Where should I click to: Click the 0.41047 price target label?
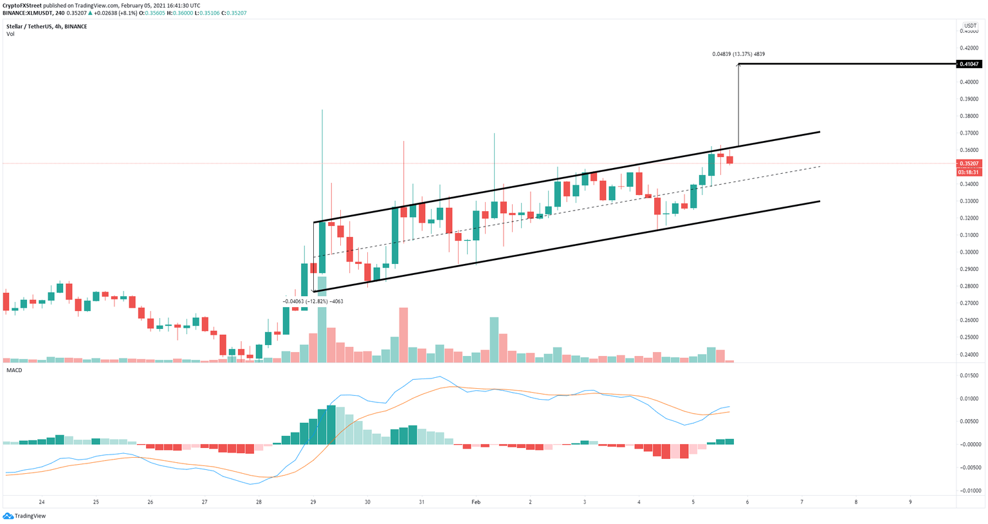click(969, 64)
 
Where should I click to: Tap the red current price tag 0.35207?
click(969, 164)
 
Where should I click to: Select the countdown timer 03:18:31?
click(969, 172)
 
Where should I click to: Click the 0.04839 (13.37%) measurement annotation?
click(738, 54)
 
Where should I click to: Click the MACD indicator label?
click(14, 370)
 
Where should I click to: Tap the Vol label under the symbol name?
click(10, 34)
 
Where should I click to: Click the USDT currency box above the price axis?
click(970, 26)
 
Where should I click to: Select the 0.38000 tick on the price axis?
click(969, 116)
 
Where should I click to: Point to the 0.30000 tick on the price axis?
click(969, 252)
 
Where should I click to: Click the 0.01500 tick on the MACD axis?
click(969, 375)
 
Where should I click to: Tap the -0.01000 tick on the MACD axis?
click(969, 491)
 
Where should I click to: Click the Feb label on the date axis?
click(475, 502)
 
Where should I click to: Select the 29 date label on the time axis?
click(313, 502)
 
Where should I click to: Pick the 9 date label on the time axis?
click(910, 502)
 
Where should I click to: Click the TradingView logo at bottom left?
click(24, 516)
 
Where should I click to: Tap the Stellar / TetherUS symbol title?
click(32, 26)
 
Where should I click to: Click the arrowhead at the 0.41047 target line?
click(738, 66)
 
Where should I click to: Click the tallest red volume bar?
click(403, 335)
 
